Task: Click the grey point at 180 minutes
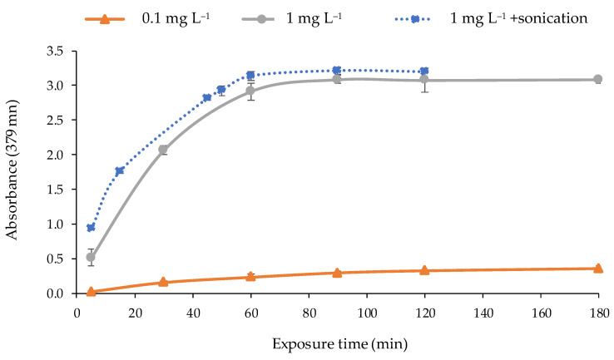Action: point(597,80)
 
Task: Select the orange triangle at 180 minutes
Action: point(597,268)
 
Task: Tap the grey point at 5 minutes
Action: point(91,258)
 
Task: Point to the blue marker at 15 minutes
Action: point(120,170)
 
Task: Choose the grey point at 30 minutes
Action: point(163,150)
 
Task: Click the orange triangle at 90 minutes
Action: point(337,273)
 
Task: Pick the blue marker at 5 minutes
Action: point(91,227)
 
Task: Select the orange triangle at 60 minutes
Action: point(250,276)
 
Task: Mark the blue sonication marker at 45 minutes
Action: point(207,97)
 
